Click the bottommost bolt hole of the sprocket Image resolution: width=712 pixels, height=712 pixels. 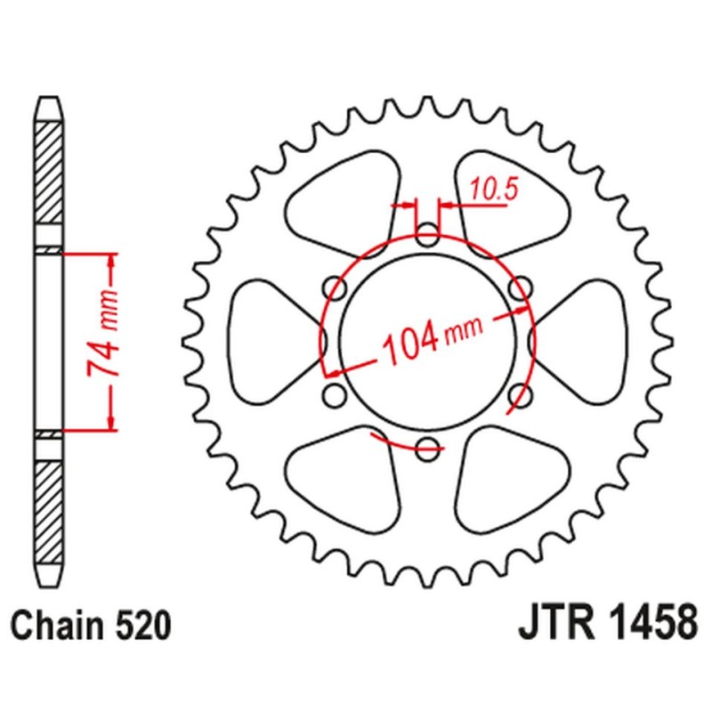tap(428, 448)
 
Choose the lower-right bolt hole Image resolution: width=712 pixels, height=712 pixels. tap(522, 394)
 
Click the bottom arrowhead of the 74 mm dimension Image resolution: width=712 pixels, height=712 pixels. tap(111, 422)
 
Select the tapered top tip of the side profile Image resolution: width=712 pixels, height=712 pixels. tap(49, 105)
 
